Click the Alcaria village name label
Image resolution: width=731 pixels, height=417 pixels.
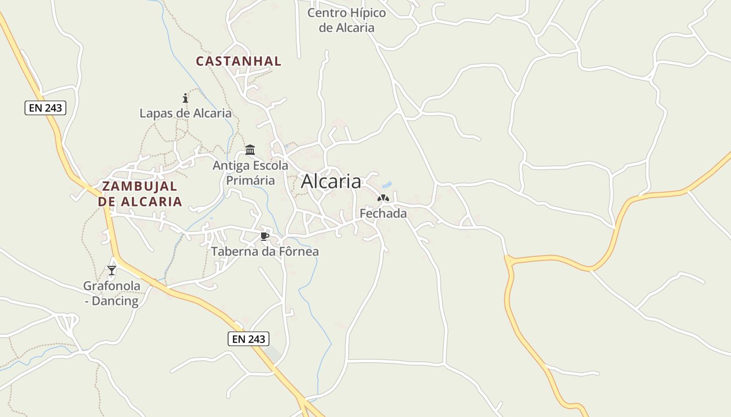pos(331,181)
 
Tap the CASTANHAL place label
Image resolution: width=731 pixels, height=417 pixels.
pos(239,61)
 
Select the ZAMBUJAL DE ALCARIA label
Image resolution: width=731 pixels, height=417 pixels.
pos(140,194)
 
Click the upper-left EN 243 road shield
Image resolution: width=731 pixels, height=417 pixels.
pos(45,108)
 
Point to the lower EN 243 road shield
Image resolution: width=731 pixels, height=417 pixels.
pos(249,339)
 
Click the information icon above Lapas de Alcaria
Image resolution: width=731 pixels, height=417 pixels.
pos(185,98)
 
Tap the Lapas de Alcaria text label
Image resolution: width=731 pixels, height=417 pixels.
pos(185,113)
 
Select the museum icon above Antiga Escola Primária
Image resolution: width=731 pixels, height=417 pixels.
pos(250,150)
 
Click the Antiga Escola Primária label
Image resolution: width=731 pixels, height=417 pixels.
pos(250,173)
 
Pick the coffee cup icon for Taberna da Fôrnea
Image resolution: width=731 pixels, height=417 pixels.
pos(265,237)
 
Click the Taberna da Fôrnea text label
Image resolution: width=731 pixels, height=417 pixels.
pos(265,251)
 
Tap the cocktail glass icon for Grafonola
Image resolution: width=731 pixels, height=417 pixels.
pos(112,270)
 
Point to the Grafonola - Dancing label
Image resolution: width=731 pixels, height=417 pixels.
pos(112,293)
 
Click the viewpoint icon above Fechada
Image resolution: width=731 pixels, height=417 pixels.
pos(383,198)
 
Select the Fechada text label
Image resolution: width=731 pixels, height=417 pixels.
pos(383,213)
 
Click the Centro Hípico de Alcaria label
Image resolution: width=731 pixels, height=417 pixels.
pos(347,20)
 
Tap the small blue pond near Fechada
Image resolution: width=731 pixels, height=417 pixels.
pos(387,185)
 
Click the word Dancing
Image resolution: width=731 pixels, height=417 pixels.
pos(115,301)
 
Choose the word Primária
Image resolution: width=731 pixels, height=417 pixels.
pos(250,180)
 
